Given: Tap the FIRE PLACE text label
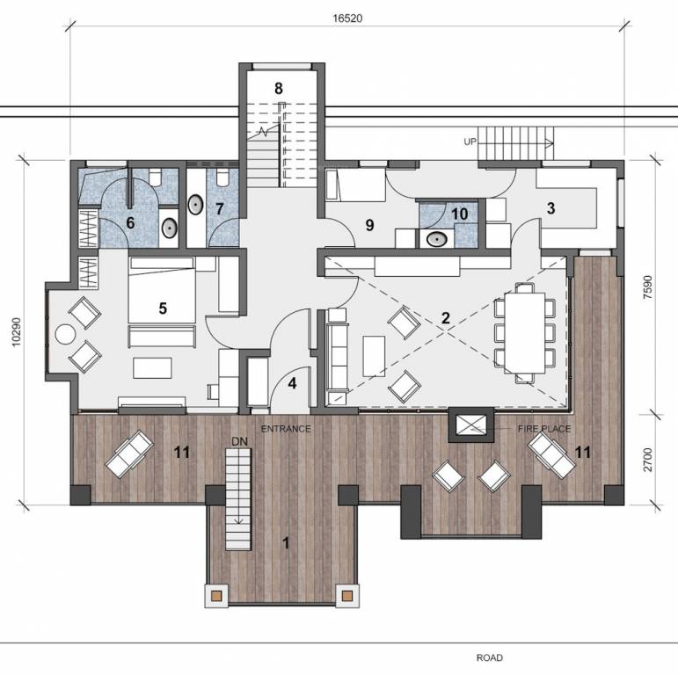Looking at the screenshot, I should click(544, 429).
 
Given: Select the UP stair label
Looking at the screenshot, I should click(470, 141).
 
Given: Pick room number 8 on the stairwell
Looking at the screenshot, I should click(278, 88).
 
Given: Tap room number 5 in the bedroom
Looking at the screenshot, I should click(163, 308).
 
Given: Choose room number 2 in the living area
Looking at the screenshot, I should click(446, 318).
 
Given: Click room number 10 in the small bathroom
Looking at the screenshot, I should click(458, 214).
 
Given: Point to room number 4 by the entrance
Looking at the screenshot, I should click(292, 383).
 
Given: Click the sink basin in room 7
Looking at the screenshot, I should click(195, 207).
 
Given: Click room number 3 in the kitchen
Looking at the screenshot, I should click(550, 208).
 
